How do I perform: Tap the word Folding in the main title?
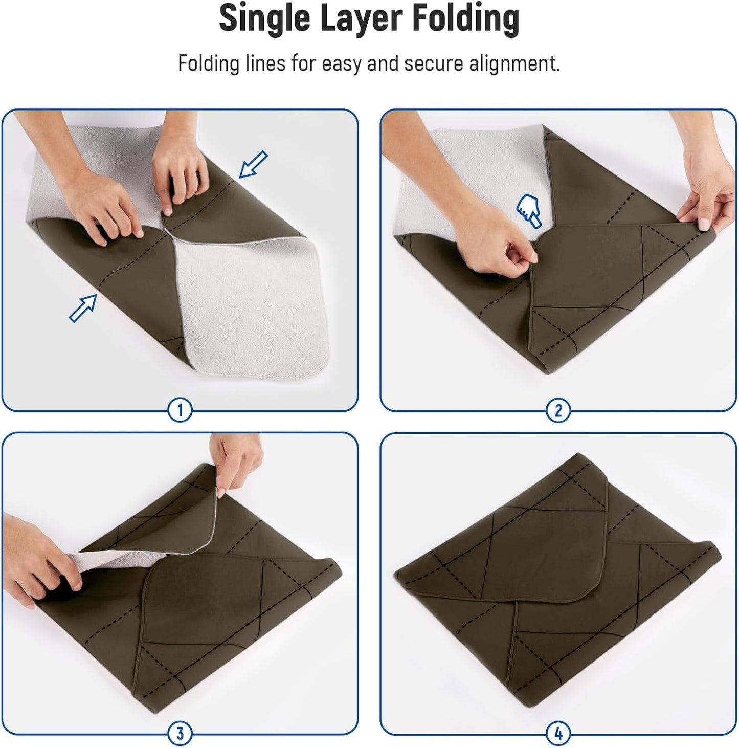tap(465, 18)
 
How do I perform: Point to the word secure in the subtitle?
tap(433, 63)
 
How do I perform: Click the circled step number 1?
tap(180, 410)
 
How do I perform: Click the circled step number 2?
tap(558, 410)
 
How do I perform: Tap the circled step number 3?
tap(180, 733)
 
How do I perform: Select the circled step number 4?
tap(558, 733)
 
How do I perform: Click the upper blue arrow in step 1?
tap(253, 164)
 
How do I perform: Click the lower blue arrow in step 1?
tap(83, 308)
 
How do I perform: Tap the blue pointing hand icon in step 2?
tap(528, 210)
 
